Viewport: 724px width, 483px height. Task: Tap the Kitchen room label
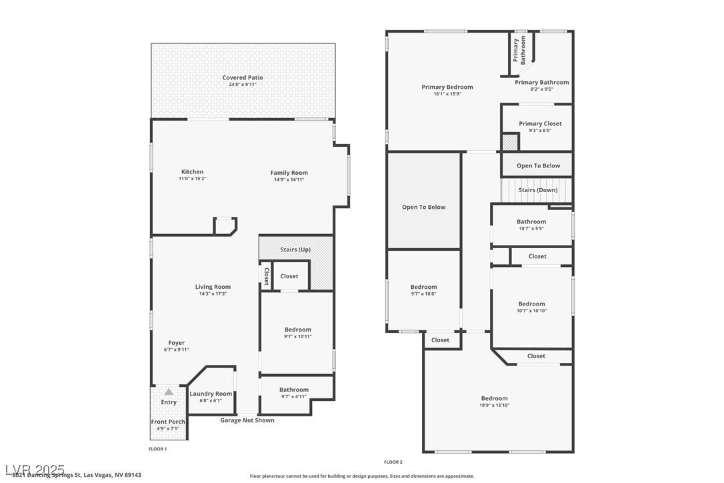coord(192,172)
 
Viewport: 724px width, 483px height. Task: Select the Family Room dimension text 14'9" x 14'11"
coord(289,179)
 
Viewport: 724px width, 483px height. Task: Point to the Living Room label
coord(213,287)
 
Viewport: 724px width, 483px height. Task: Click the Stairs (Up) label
coord(295,250)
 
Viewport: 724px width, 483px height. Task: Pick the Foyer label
coord(176,343)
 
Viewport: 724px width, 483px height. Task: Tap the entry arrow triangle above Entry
coord(169,392)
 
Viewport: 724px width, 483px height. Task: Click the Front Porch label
coord(169,422)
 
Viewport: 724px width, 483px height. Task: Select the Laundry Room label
coord(211,394)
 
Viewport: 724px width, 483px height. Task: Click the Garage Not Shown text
coord(247,420)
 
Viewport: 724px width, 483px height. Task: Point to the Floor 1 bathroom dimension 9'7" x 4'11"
coord(294,397)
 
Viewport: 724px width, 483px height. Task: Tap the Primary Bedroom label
coord(447,87)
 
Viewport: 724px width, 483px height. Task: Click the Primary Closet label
coord(540,123)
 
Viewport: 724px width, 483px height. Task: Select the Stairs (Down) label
coord(538,190)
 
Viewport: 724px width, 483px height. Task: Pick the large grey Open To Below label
coord(423,207)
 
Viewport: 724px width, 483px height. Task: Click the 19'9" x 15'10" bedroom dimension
coord(494,406)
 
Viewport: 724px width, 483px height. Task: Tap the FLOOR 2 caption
coord(393,462)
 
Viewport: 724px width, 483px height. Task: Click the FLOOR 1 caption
coord(157,449)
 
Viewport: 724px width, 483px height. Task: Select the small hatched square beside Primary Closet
coord(510,142)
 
